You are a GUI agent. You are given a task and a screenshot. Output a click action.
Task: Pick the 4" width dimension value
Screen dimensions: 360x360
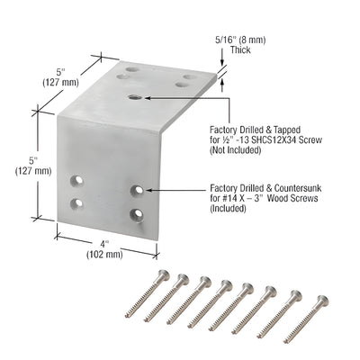tap(103, 243)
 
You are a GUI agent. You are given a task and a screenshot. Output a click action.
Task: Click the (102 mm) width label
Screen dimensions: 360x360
tap(104, 254)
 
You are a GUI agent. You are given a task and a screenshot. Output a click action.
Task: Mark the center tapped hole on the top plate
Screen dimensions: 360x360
tap(134, 95)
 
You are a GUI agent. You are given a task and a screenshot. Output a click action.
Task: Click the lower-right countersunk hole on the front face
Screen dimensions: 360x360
tap(137, 213)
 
